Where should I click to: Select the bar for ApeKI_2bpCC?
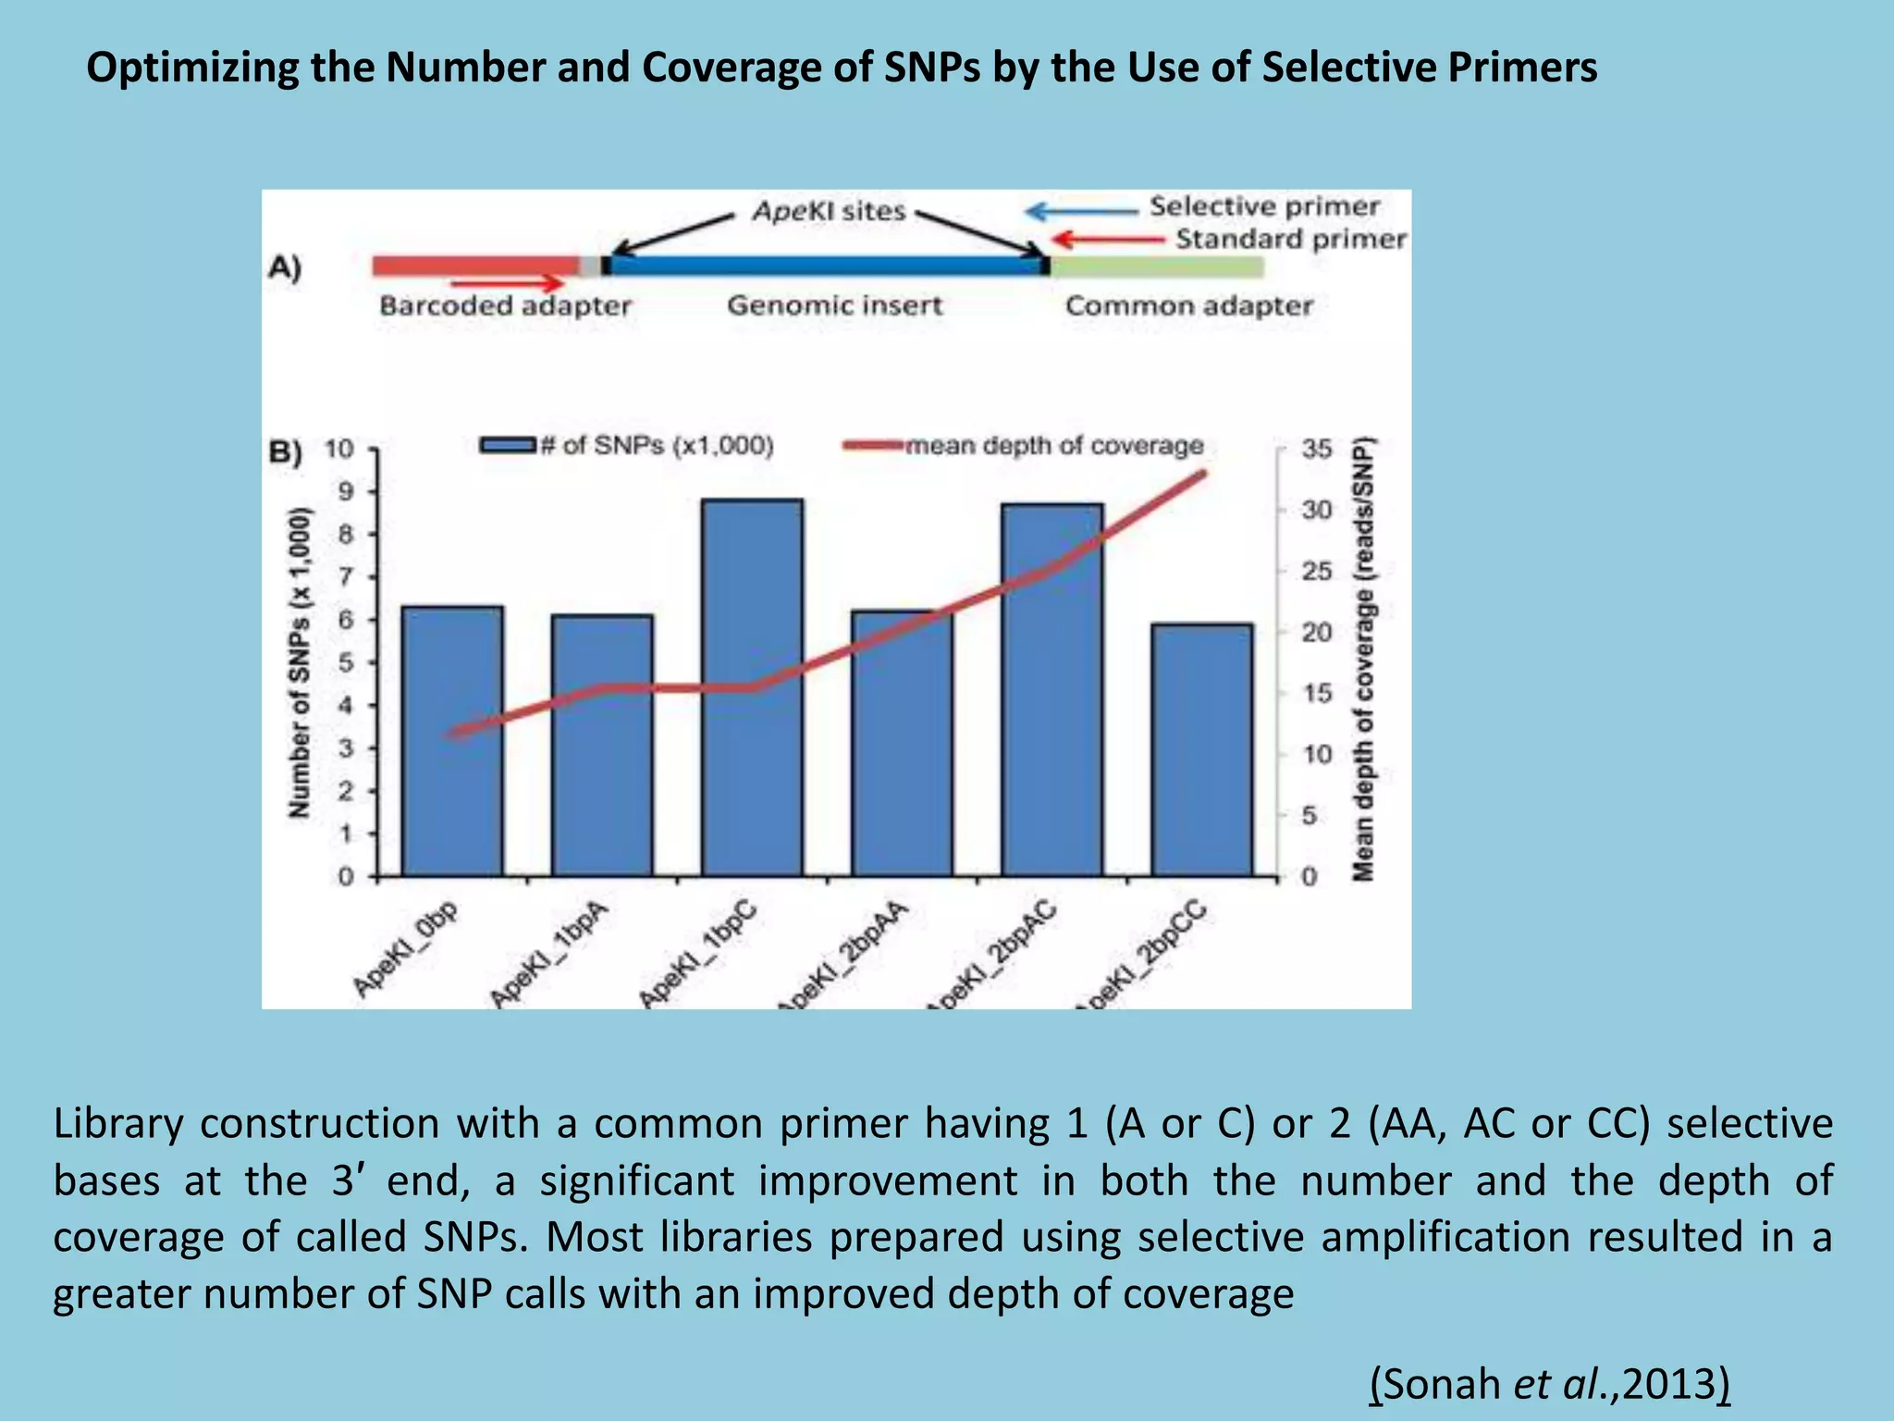1201,749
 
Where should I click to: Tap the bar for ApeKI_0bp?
452,740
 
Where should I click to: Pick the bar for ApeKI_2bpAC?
1052,689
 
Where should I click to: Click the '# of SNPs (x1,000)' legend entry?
627,446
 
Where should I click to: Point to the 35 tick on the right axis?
1315,450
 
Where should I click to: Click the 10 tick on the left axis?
339,450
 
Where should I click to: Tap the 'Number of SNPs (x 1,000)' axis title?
299,662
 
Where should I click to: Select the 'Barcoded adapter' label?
505,306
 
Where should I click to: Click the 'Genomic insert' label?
834,306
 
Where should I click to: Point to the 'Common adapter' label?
1188,306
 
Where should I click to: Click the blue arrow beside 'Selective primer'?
1080,212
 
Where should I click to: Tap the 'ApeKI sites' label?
829,211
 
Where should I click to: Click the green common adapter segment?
1157,266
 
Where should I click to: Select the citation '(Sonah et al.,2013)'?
1549,1384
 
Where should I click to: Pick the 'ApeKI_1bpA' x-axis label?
550,955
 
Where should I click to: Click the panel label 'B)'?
285,452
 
